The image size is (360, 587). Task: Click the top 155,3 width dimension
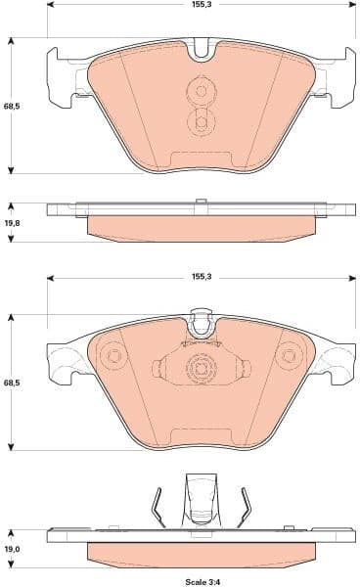coord(201,5)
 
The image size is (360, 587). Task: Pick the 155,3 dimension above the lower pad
coord(201,278)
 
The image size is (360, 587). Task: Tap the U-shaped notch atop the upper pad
coord(202,47)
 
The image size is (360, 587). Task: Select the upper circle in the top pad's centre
coord(202,92)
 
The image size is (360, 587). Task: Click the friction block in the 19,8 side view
coord(202,227)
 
